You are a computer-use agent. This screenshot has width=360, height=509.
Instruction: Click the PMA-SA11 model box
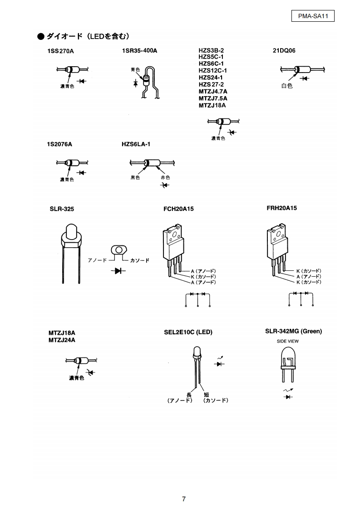312,17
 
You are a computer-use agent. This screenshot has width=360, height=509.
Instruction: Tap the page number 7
183,499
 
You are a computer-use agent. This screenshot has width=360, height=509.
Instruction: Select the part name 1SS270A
60,51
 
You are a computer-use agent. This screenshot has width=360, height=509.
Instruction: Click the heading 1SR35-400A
139,50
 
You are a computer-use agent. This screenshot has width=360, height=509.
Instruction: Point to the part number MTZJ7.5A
213,98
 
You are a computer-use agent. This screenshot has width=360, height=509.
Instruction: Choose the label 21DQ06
284,50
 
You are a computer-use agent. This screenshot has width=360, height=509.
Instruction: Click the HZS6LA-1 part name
136,144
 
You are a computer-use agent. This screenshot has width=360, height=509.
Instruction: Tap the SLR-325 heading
62,209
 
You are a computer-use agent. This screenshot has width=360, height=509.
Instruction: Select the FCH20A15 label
179,209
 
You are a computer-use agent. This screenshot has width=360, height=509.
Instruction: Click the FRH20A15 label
282,208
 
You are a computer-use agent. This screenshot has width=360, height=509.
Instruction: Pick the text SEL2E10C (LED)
188,332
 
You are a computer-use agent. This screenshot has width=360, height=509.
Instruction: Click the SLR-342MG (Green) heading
293,331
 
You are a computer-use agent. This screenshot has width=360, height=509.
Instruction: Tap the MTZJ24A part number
62,340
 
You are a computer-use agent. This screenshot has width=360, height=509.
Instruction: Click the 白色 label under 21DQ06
287,86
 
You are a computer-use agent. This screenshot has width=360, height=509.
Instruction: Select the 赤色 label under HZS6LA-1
165,177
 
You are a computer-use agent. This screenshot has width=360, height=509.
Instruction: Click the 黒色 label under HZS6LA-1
135,177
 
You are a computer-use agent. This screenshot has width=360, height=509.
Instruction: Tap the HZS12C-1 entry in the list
212,71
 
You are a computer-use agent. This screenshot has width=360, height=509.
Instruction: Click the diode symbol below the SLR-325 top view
118,271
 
